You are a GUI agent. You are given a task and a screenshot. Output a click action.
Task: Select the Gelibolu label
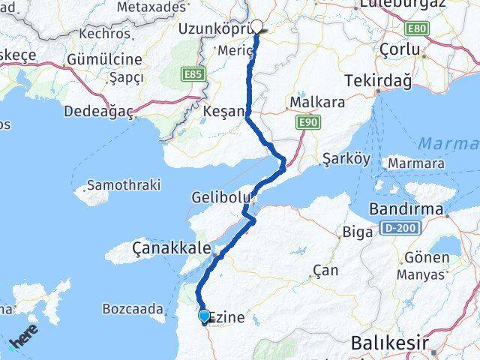click(x=220, y=197)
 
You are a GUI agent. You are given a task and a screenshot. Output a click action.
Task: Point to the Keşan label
click(x=223, y=111)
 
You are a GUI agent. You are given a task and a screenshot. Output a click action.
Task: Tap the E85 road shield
click(x=192, y=75)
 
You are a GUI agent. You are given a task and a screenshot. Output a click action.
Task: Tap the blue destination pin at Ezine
click(x=204, y=316)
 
